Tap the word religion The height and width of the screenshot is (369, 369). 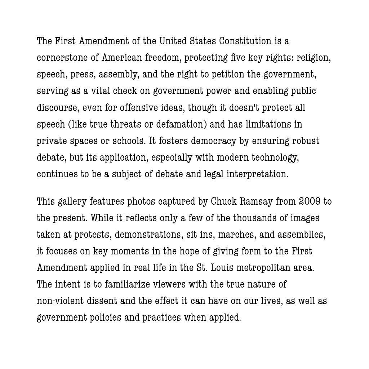pyautogui.click(x=313, y=58)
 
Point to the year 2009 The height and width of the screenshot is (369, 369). pyautogui.click(x=310, y=201)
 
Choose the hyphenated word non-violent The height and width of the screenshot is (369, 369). pyautogui.click(x=60, y=301)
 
